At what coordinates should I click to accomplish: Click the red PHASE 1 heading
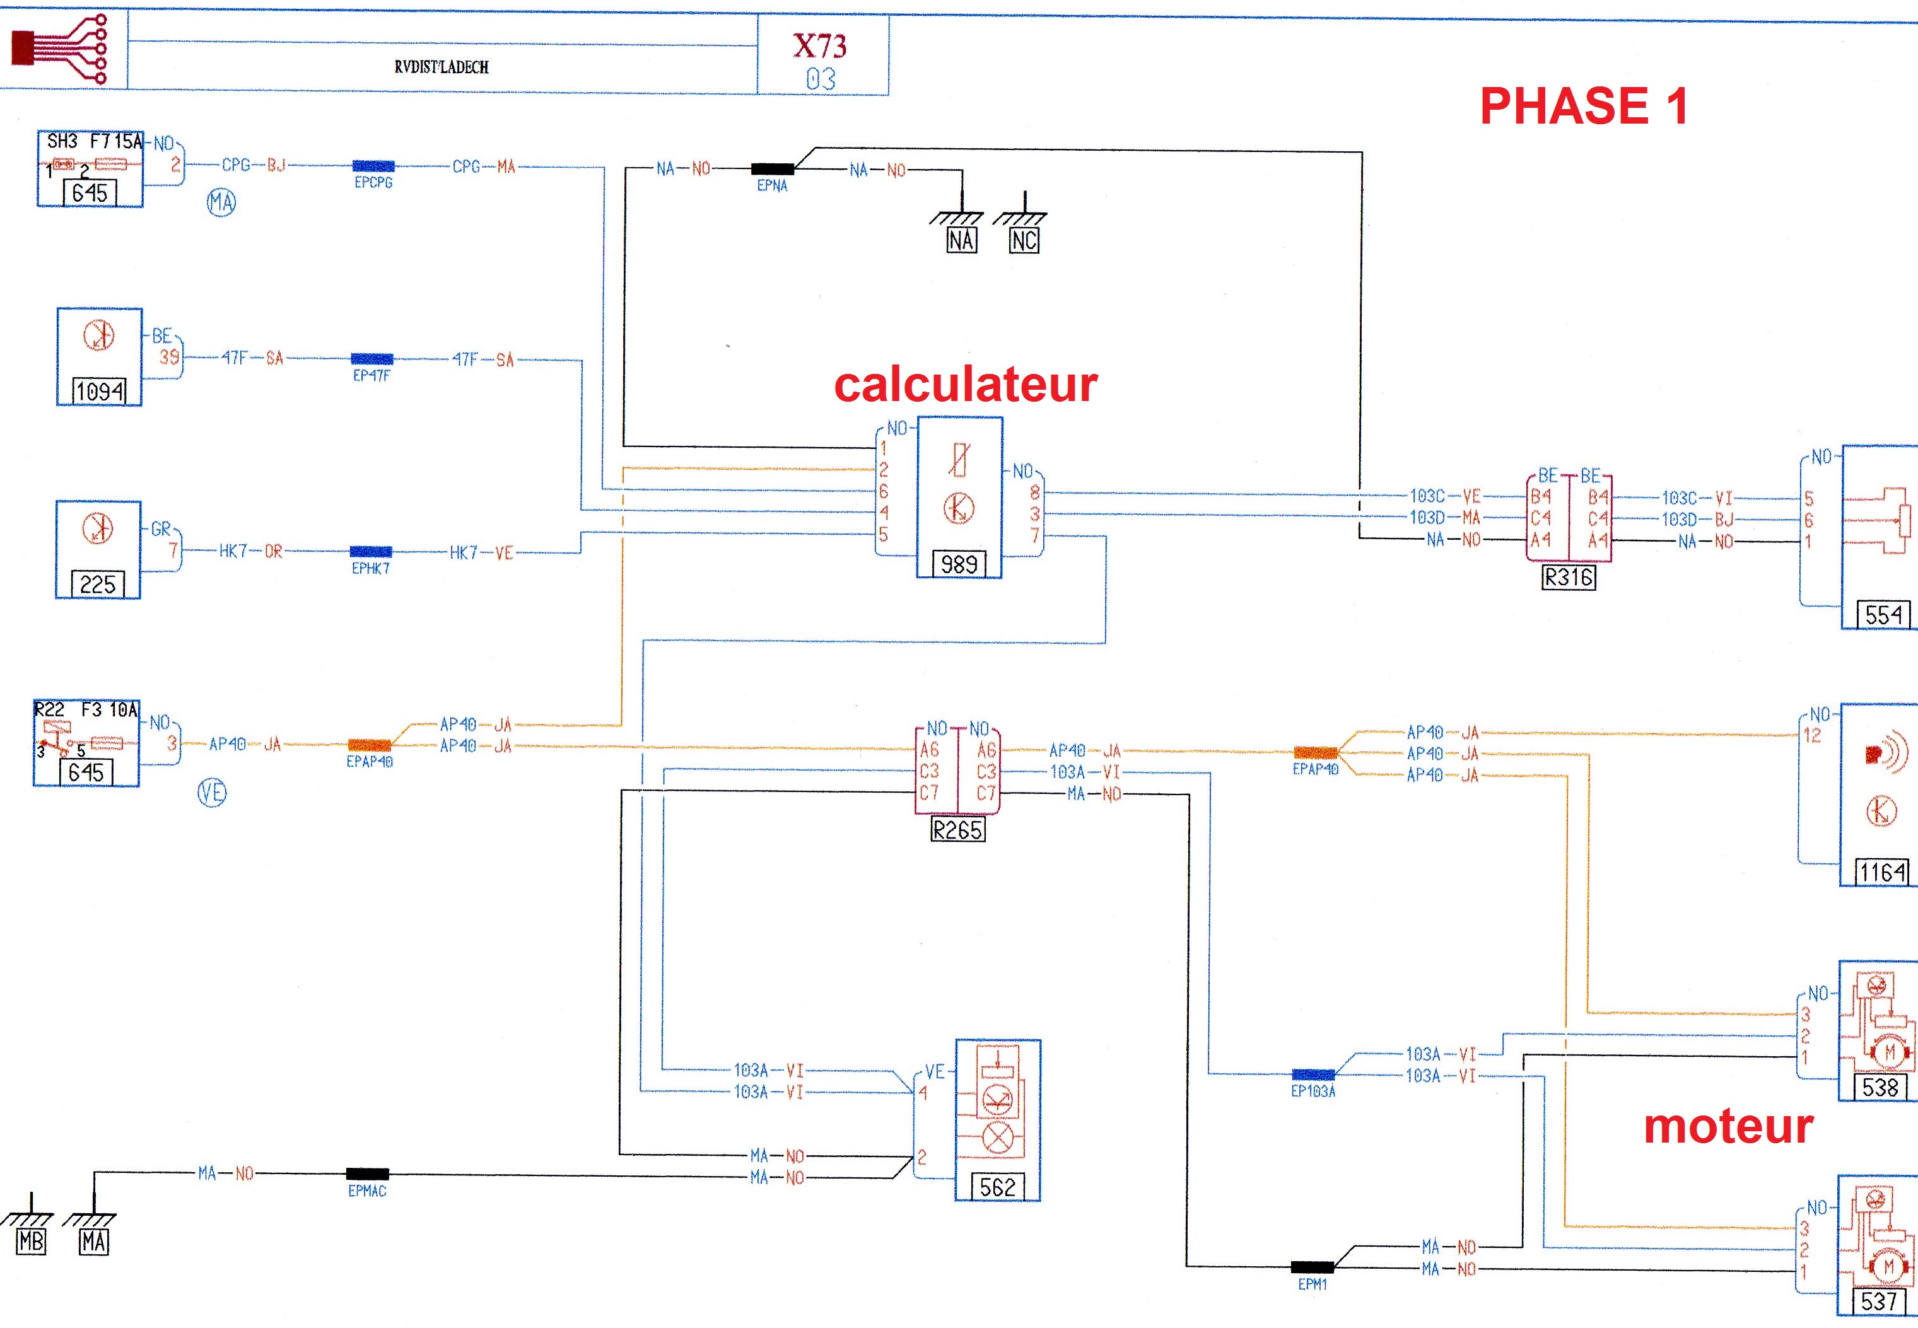coord(1584,106)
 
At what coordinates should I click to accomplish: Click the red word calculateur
coord(965,385)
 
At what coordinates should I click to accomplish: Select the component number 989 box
coord(959,564)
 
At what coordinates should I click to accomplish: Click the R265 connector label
coord(957,830)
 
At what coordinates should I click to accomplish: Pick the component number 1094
coord(99,390)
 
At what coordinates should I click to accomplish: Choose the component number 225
coord(97,584)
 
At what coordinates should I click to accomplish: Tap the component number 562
coord(997,1187)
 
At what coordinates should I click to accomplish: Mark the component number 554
coord(1884,615)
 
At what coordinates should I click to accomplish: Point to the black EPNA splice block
coord(772,169)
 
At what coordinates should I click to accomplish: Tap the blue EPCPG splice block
coord(373,166)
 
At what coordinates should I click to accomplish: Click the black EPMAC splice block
coord(367,1174)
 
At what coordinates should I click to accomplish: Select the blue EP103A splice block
coord(1313,1075)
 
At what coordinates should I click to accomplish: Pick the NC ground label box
coord(1024,240)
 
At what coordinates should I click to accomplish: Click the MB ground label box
coord(31,1242)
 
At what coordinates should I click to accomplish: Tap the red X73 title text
coord(820,46)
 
